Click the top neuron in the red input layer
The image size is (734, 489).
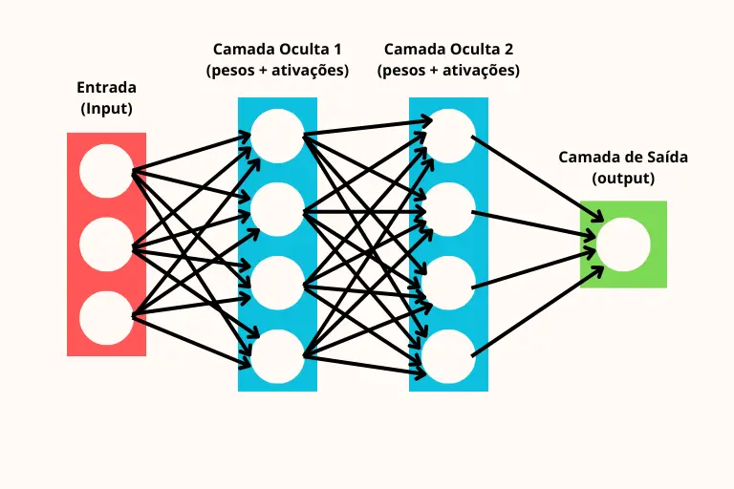tap(106, 172)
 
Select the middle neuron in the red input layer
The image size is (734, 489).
tap(106, 245)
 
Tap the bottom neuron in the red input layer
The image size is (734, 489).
tap(106, 317)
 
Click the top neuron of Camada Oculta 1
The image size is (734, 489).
tap(277, 135)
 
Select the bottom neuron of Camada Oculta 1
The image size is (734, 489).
tap(277, 356)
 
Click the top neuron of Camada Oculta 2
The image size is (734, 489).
tap(449, 135)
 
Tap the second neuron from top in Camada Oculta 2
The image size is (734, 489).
tap(449, 209)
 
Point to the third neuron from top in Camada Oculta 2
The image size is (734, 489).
tap(449, 284)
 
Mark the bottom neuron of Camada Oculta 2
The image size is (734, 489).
tap(449, 356)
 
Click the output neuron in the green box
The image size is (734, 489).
tap(624, 244)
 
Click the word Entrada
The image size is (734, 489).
tap(106, 88)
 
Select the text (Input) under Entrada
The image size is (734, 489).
tap(106, 108)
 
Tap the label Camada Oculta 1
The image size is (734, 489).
tap(277, 49)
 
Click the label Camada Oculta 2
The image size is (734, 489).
tap(449, 49)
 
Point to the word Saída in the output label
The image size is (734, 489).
tap(667, 157)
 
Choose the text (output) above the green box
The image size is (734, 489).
tap(623, 178)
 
